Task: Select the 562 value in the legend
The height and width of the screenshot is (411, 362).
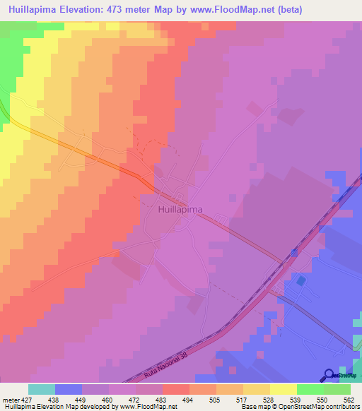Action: [350, 399]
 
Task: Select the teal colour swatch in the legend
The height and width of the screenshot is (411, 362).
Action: [42, 389]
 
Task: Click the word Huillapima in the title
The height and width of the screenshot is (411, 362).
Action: [35, 10]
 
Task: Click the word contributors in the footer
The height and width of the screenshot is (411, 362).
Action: [341, 407]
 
